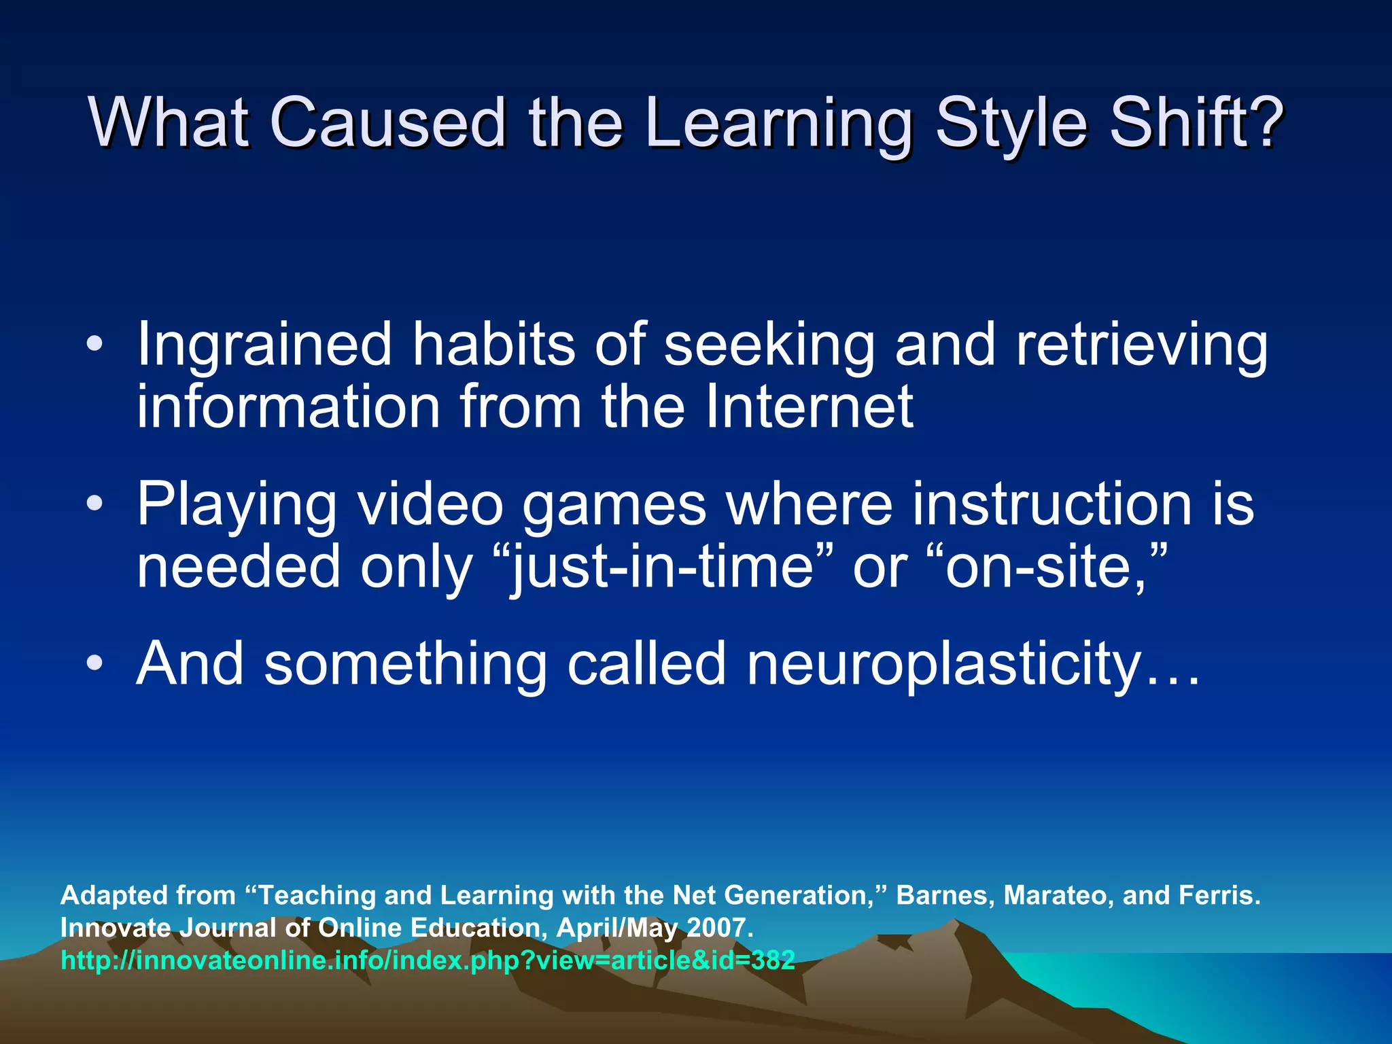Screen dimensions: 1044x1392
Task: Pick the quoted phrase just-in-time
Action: point(662,568)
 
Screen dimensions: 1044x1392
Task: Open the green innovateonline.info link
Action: point(428,960)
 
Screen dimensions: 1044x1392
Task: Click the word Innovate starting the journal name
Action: point(116,928)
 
